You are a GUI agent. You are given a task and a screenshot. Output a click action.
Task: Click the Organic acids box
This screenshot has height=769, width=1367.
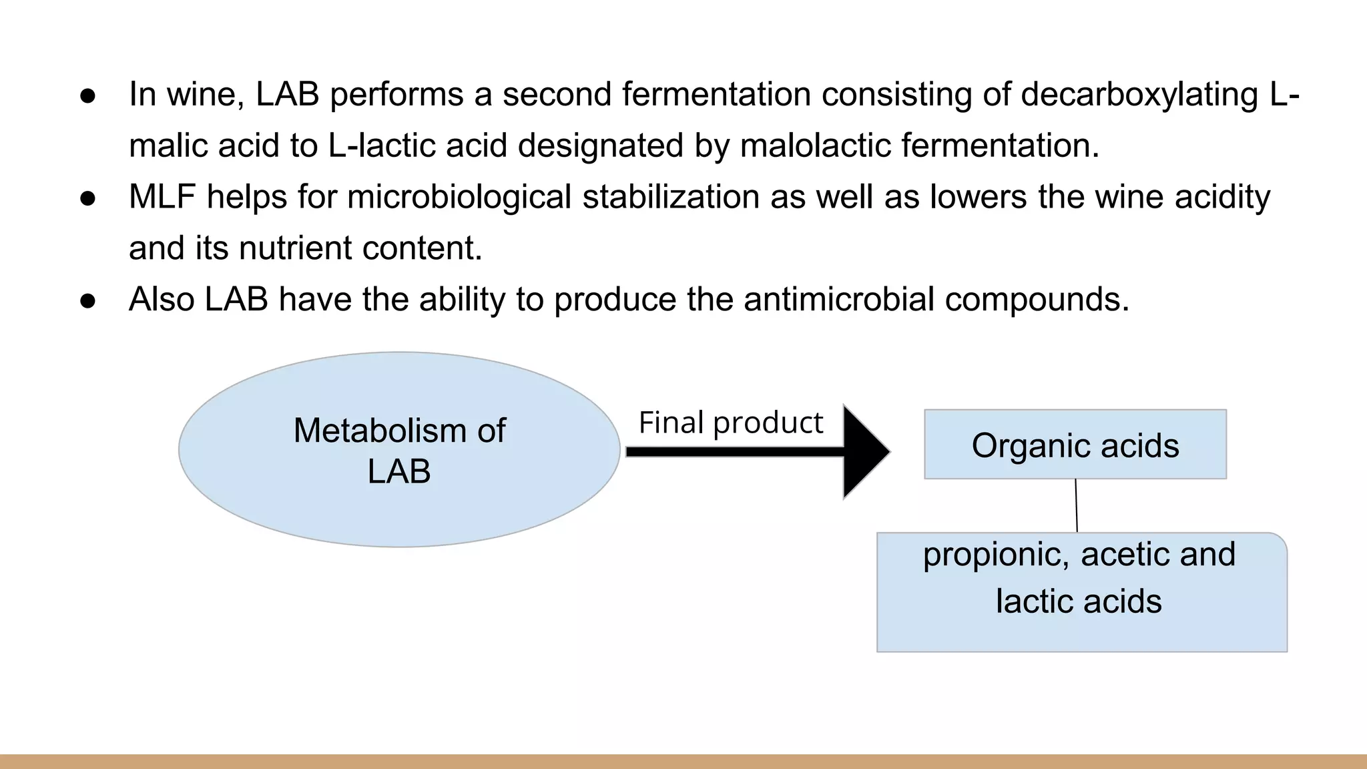(x=1075, y=445)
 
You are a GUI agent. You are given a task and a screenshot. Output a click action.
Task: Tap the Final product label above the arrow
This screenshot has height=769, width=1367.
(x=731, y=423)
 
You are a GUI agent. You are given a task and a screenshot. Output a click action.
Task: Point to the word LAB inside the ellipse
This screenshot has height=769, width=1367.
(x=399, y=472)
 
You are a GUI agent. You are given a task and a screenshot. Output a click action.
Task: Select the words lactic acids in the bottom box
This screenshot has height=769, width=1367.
(x=1079, y=601)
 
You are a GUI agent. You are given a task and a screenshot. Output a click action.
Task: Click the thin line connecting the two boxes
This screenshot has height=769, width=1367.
(x=1076, y=505)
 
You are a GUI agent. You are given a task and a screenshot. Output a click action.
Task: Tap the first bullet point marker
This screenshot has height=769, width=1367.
(x=88, y=95)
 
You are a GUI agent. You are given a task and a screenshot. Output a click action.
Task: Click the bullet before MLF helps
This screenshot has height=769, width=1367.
(x=88, y=198)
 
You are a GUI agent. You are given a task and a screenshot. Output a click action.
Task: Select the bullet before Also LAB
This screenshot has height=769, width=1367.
(x=88, y=300)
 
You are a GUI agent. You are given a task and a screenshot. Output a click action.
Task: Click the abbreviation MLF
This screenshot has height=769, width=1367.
(x=162, y=197)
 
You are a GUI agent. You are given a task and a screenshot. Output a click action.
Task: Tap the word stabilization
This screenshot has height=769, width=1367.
(x=671, y=197)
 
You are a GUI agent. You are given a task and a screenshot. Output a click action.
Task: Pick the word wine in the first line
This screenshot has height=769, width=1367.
(x=200, y=94)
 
